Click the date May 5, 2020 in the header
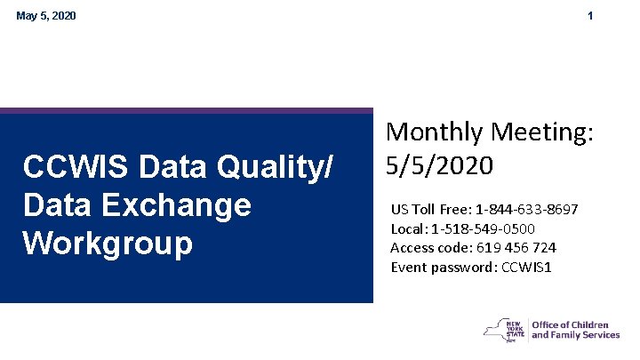click(x=46, y=16)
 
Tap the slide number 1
click(x=590, y=16)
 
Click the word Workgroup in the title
click(x=108, y=244)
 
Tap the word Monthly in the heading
click(x=434, y=133)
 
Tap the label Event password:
click(x=435, y=266)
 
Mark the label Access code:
click(x=426, y=247)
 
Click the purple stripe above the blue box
click(x=187, y=111)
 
